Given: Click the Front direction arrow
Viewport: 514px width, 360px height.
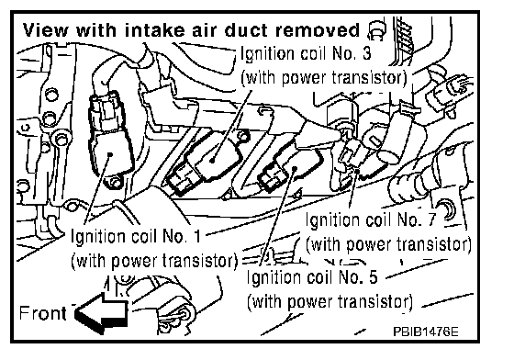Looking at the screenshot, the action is point(102,313).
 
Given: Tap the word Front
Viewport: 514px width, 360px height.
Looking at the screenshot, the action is point(42,313).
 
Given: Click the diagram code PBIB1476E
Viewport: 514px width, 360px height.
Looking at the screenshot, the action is point(426,332).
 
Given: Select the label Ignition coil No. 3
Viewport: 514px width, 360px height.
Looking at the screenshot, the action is point(306,53).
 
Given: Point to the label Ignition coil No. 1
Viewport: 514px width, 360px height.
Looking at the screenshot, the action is point(136,235).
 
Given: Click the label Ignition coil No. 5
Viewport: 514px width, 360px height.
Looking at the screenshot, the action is point(312,277).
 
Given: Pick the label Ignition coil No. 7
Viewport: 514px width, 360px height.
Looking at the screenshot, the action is point(371,219).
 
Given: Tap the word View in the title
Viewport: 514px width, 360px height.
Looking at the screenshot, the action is point(46,30).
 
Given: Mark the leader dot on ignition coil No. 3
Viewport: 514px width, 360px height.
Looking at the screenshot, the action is point(213,160).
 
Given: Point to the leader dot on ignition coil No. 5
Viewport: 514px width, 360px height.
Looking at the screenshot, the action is point(295,169).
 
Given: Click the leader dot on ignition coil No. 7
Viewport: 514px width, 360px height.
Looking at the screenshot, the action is point(357,171).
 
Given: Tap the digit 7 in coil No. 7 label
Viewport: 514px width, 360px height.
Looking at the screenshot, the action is point(431,219).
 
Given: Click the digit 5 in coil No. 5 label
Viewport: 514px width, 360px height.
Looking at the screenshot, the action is point(373,277).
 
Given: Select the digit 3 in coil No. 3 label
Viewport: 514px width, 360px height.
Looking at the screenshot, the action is point(366,53).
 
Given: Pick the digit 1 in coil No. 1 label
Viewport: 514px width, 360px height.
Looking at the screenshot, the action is point(196,235).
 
